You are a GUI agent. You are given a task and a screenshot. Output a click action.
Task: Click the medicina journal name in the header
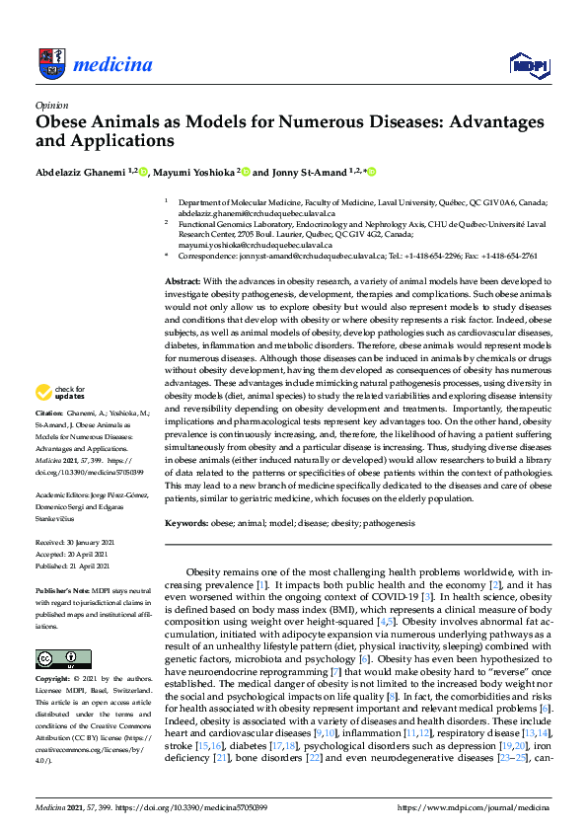[x=112, y=66]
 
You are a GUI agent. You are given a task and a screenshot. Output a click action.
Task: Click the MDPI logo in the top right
[x=528, y=66]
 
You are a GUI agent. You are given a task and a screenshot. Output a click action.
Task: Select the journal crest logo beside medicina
[x=50, y=65]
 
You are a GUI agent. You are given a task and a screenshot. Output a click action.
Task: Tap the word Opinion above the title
[x=51, y=104]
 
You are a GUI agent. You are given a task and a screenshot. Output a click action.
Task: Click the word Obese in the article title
[x=65, y=122]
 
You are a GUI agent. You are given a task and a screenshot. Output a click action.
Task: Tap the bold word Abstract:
[x=183, y=281]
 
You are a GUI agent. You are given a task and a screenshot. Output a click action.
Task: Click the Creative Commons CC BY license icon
[x=56, y=658]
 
